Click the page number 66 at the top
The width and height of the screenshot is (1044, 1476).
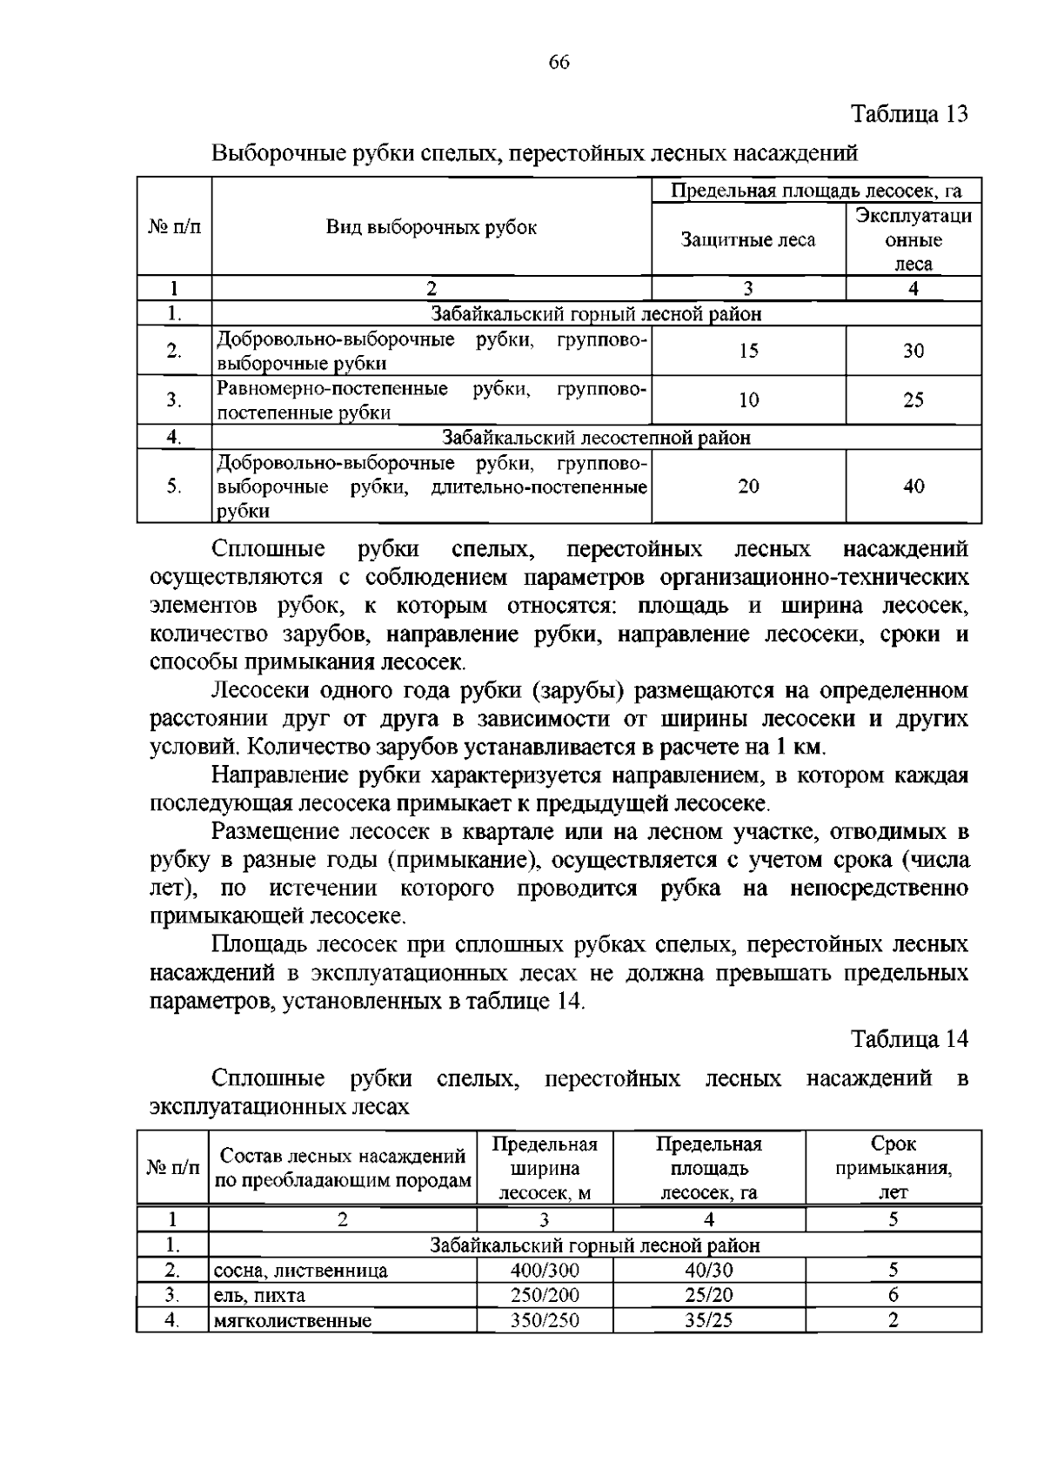[559, 62]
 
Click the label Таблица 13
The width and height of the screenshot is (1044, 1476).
[909, 114]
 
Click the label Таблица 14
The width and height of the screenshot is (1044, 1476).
[909, 1038]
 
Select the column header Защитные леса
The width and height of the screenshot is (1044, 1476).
[748, 239]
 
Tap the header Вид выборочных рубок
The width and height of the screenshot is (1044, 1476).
[432, 228]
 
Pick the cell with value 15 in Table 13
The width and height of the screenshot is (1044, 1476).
[748, 351]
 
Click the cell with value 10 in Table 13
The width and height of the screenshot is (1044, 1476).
[748, 400]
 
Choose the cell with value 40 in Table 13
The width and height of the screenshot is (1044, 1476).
[913, 486]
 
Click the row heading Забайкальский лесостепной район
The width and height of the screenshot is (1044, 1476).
[596, 438]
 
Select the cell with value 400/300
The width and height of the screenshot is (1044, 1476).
[545, 1270]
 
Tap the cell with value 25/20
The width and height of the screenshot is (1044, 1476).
[709, 1295]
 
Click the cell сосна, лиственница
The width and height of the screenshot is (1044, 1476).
[301, 1271]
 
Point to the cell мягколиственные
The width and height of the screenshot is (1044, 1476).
[292, 1321]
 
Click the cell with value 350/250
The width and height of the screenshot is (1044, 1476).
[545, 1320]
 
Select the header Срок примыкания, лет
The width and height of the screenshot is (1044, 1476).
[893, 1168]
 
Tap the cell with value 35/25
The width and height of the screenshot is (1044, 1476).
[709, 1320]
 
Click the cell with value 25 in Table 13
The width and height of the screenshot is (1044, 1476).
[913, 400]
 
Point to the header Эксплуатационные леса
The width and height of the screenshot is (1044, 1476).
[913, 239]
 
